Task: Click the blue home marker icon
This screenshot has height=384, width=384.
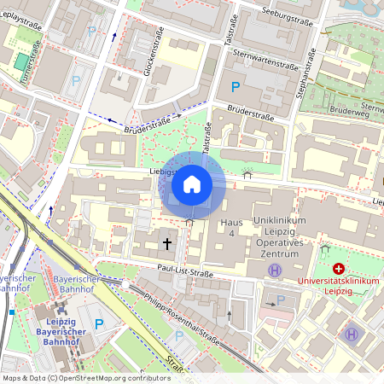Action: point(192,184)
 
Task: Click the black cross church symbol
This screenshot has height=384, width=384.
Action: point(167,244)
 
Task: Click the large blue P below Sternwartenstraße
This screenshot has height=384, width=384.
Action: point(236,86)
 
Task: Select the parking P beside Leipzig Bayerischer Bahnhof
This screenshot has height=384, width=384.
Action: point(98,324)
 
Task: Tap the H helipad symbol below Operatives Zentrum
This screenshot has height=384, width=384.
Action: point(274,270)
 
